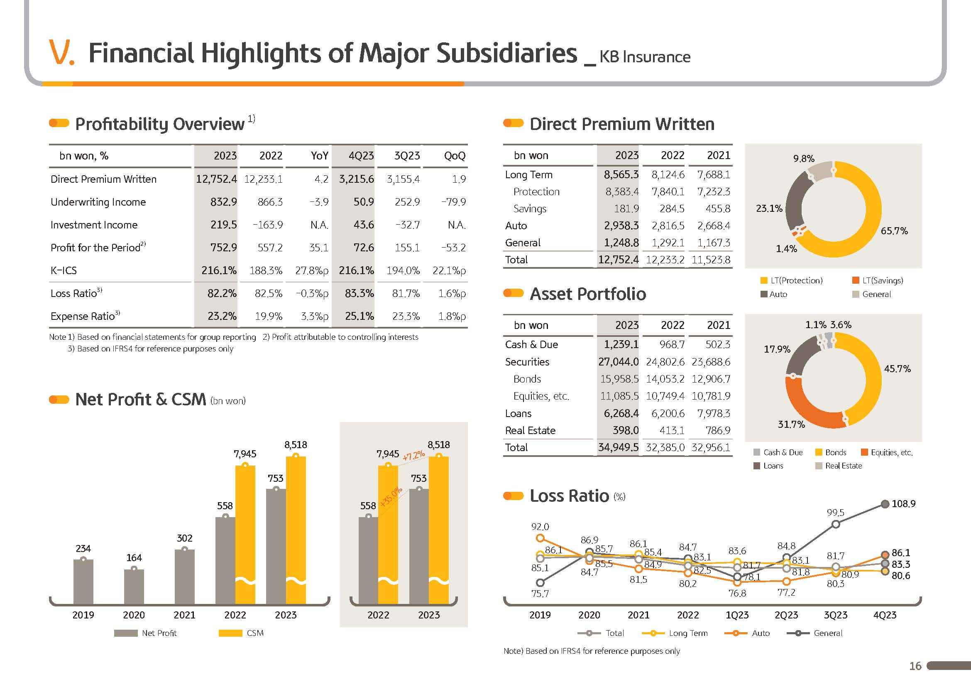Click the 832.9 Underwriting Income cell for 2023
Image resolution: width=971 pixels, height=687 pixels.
223,202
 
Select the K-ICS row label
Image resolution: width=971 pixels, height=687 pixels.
64,271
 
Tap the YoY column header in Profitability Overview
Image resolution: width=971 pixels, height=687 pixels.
319,156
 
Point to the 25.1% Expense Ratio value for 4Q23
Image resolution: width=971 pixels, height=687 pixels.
359,317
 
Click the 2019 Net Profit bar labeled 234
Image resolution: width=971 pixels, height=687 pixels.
83,581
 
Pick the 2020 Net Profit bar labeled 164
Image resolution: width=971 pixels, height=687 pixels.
134,586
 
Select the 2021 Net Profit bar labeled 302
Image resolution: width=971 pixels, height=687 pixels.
184,577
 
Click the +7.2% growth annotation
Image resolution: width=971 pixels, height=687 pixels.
413,456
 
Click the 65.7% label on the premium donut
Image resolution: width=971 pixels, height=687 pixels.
894,231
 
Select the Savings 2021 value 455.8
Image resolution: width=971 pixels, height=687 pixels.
718,209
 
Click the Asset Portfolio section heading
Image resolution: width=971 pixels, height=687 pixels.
587,294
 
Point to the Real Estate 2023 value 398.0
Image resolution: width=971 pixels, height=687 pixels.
626,431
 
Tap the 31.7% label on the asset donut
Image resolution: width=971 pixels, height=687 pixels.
791,424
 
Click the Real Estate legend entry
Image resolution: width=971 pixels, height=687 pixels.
843,466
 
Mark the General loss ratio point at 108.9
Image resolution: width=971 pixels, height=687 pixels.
885,504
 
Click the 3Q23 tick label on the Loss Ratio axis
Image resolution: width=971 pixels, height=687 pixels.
835,615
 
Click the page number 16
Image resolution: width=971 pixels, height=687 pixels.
915,666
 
